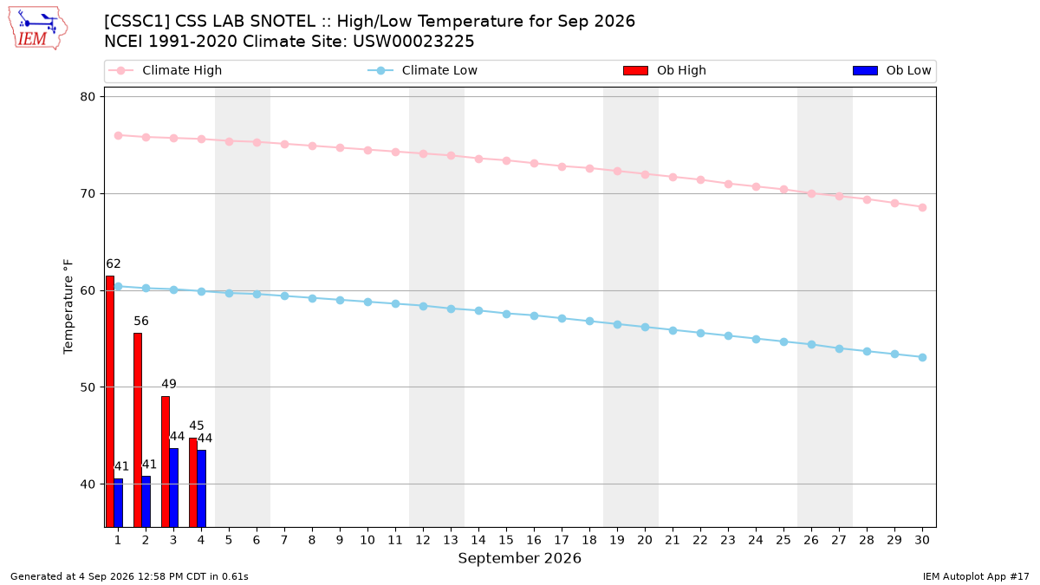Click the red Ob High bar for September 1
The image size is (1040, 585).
click(x=110, y=401)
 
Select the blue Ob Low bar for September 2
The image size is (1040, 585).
click(x=146, y=502)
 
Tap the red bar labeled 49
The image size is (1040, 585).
click(x=166, y=461)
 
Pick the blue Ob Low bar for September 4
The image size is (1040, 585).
click(x=201, y=489)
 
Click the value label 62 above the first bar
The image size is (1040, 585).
click(x=114, y=263)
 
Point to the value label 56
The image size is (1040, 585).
click(x=141, y=321)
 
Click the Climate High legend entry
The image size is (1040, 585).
click(x=165, y=70)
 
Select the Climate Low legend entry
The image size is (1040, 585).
click(x=423, y=70)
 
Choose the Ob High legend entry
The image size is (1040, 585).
click(x=665, y=70)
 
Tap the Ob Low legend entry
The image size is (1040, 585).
click(x=892, y=70)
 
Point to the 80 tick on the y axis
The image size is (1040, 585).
click(x=88, y=96)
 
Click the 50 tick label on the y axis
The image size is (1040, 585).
click(x=88, y=387)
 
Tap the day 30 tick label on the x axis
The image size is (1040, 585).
click(x=922, y=540)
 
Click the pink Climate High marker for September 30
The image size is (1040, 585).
click(x=922, y=207)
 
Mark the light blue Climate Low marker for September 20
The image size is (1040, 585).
click(x=645, y=328)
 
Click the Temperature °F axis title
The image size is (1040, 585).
click(x=68, y=307)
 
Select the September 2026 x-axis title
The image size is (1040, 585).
click(x=519, y=558)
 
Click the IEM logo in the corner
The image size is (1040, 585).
click(x=37, y=29)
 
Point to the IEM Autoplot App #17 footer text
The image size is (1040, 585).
click(x=976, y=576)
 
